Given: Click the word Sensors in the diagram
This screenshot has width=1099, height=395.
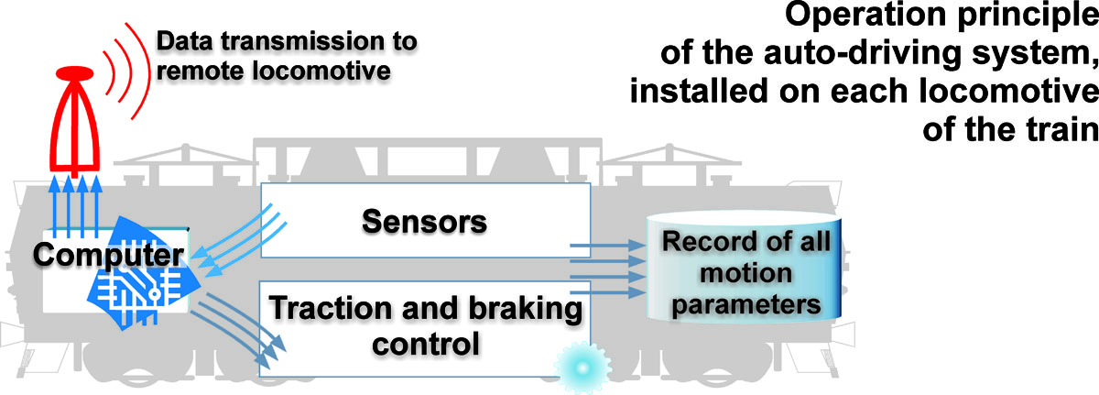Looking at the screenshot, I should [x=423, y=221].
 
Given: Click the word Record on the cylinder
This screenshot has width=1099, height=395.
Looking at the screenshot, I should [x=703, y=245].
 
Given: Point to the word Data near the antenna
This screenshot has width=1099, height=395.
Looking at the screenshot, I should [x=180, y=41].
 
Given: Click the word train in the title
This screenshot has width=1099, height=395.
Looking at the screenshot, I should [x=1056, y=137].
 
